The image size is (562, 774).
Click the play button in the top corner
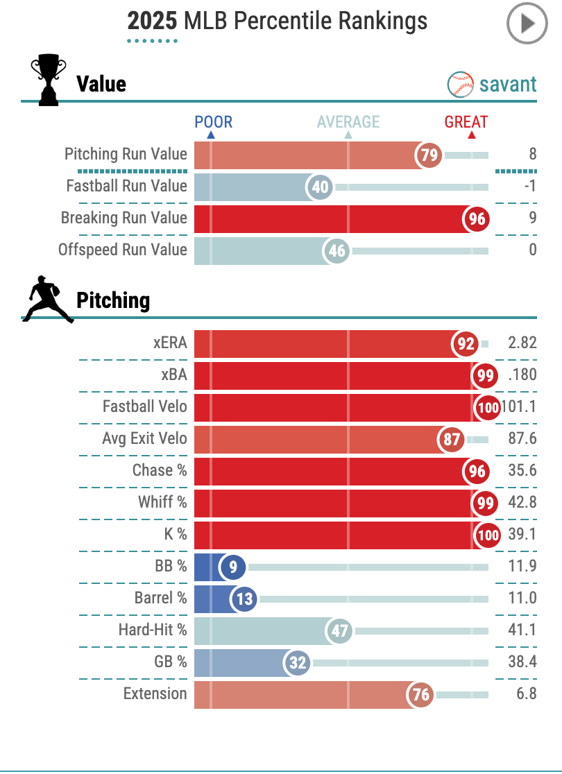pos(527,24)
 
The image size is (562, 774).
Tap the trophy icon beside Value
pos(49,81)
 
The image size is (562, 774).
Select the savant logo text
pos(508,85)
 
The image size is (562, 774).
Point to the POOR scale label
pos(213,122)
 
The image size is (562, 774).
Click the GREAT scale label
pos(466,122)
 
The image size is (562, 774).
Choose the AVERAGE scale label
pos(348,122)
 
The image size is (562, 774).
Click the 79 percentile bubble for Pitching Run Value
pos(429,155)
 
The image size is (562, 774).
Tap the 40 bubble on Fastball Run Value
pos(321,187)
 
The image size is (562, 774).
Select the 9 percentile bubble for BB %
pos(233,567)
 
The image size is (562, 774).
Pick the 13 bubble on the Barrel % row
pos(244,599)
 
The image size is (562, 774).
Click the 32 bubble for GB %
pos(298,663)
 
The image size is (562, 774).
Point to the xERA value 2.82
pos(522,343)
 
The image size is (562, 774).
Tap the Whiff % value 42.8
pos(522,502)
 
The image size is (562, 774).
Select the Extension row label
pos(155,694)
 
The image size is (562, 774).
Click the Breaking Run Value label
pos(124,218)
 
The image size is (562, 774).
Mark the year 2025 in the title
pos(152,21)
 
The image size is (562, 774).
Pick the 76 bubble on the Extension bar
pos(421,695)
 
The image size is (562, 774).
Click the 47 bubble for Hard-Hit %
pos(340,631)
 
